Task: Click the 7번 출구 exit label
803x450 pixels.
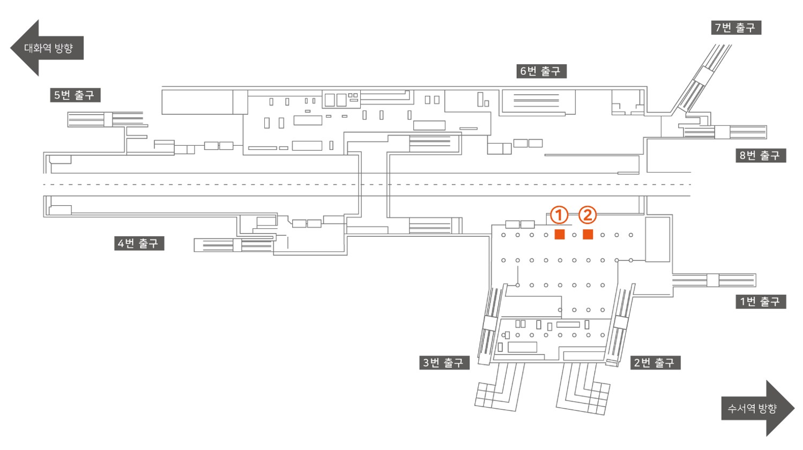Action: pos(736,27)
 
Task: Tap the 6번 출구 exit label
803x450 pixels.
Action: pos(541,71)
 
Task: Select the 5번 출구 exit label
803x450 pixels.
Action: pos(75,95)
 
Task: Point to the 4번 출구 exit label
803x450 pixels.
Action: pos(139,243)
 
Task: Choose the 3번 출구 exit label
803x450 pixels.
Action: pos(444,363)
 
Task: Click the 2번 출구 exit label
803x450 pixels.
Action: pos(655,363)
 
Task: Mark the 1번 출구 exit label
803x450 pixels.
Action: pos(761,301)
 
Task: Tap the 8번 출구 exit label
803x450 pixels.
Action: pos(761,155)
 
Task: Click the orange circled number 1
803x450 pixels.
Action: pos(559,215)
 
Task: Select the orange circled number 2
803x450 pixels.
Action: pos(588,215)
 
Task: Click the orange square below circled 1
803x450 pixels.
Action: pos(560,234)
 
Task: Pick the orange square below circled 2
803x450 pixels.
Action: pos(588,234)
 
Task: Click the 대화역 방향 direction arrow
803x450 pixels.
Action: pos(47,48)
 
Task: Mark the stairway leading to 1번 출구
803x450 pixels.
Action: pos(714,280)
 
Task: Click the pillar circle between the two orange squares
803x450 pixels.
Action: pos(574,235)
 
